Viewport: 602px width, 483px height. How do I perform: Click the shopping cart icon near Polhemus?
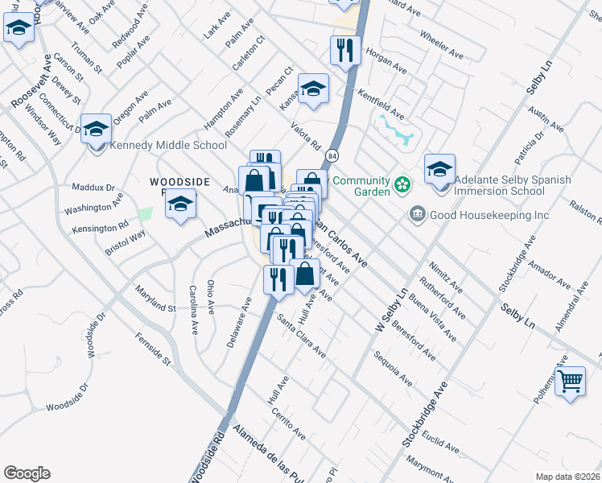pyautogui.click(x=570, y=382)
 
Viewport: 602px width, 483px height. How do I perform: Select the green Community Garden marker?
pyautogui.click(x=403, y=187)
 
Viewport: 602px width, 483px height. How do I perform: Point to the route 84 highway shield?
pyautogui.click(x=333, y=154)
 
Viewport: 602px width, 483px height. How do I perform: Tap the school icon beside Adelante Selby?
pyautogui.click(x=439, y=170)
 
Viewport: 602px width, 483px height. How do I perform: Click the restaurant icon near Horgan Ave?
pyautogui.click(x=345, y=51)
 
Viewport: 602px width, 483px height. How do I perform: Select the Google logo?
pyautogui.click(x=27, y=473)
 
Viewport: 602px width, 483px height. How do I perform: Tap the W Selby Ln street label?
pyautogui.click(x=389, y=312)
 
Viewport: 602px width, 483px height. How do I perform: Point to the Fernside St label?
pyautogui.click(x=153, y=349)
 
